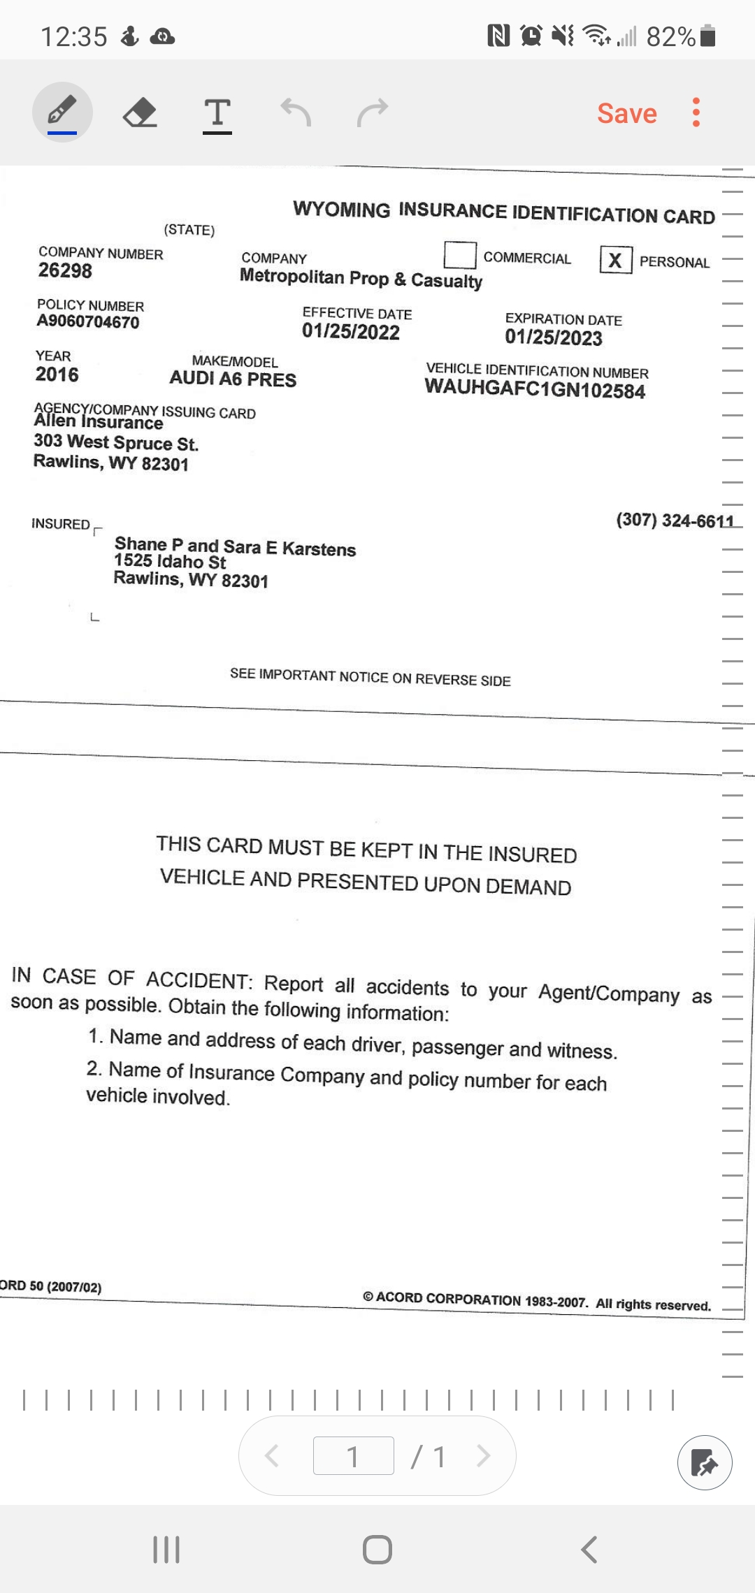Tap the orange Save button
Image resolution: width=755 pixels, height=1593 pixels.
tap(626, 113)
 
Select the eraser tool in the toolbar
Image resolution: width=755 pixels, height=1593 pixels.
tap(140, 112)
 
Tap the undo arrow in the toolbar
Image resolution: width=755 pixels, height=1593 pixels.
tap(296, 112)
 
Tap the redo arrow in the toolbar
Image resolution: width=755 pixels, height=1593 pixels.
tap(372, 112)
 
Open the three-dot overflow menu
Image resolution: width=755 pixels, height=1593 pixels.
tap(696, 112)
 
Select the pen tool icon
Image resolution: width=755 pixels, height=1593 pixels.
tap(62, 112)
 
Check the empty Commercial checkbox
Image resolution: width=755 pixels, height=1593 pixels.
tap(460, 255)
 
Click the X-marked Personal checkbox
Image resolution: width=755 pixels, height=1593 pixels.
tap(615, 260)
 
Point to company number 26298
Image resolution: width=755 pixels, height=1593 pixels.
tap(65, 270)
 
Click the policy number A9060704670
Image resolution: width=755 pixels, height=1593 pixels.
tap(88, 321)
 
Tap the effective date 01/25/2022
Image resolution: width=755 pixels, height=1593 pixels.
tap(350, 332)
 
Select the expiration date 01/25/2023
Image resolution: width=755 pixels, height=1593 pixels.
tap(554, 337)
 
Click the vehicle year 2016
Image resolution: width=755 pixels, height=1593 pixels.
tap(57, 374)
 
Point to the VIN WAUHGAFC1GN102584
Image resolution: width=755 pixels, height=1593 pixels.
tap(535, 388)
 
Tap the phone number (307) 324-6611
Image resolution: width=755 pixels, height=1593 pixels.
tap(675, 521)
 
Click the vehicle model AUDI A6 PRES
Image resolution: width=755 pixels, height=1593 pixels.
tap(233, 379)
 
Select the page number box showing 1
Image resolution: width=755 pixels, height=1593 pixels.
tap(353, 1456)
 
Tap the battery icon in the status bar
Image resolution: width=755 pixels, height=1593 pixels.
tap(707, 36)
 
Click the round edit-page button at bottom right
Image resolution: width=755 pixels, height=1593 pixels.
tap(704, 1462)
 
